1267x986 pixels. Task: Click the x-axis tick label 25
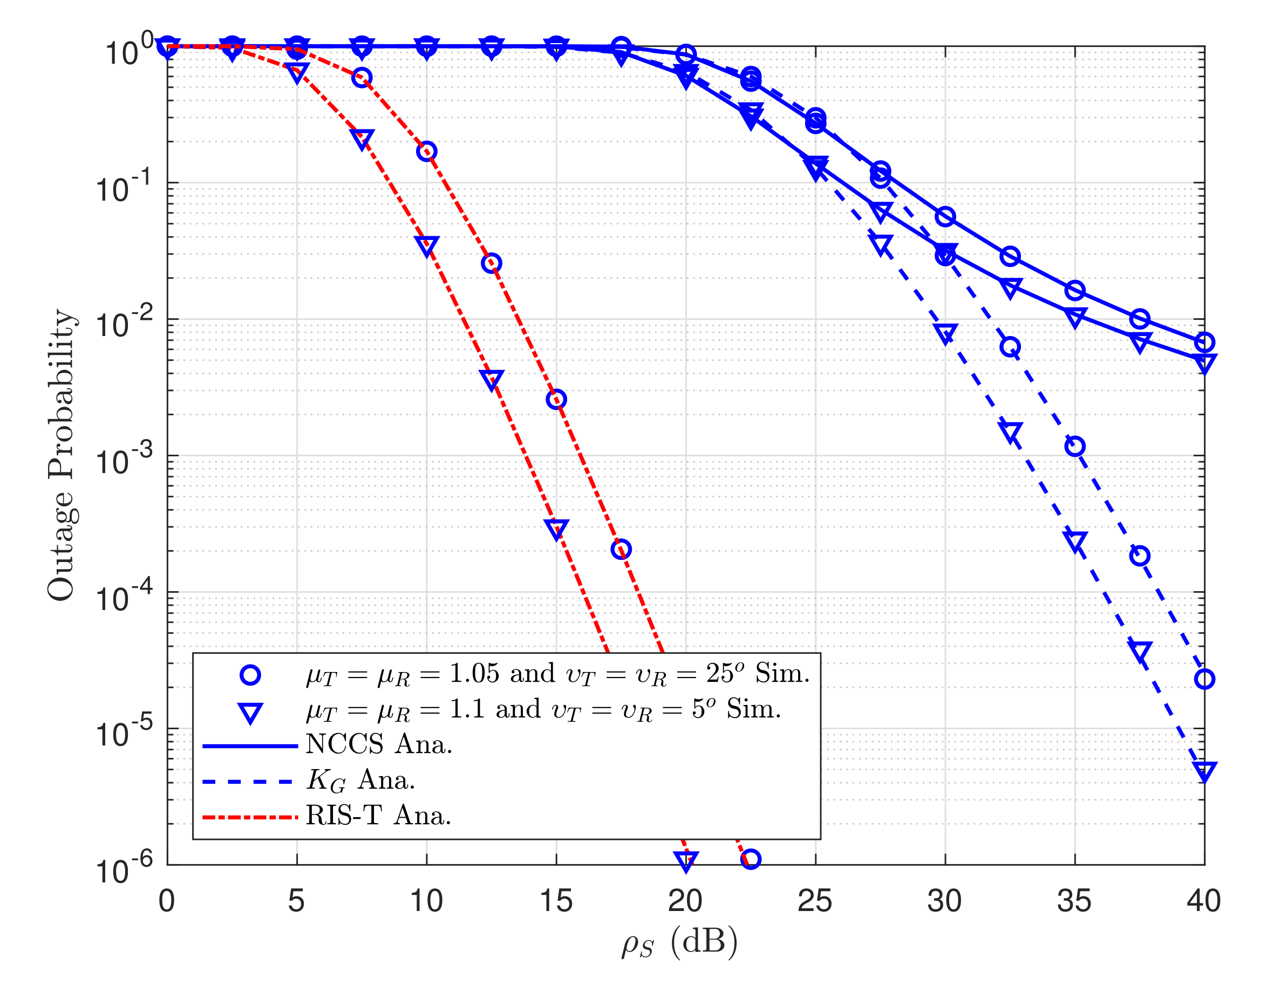coord(815,901)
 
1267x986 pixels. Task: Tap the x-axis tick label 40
coord(1204,901)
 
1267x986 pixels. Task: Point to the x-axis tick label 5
coord(296,901)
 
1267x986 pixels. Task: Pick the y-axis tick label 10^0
coord(129,51)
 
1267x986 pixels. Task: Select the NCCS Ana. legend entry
coord(378,745)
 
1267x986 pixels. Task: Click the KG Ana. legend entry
coord(360,780)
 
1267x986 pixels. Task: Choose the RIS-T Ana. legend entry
coord(378,816)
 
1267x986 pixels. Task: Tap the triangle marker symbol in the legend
coord(250,712)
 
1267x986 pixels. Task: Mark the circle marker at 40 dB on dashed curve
coord(1204,679)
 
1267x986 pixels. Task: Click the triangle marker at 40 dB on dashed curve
coord(1204,770)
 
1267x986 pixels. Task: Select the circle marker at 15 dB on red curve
coord(556,399)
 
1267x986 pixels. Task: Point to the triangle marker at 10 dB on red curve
coord(427,245)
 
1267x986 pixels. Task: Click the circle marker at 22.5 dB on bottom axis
coord(751,859)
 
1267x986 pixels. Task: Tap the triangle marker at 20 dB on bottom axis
coord(686,860)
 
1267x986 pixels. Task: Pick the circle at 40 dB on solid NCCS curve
coord(1204,342)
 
